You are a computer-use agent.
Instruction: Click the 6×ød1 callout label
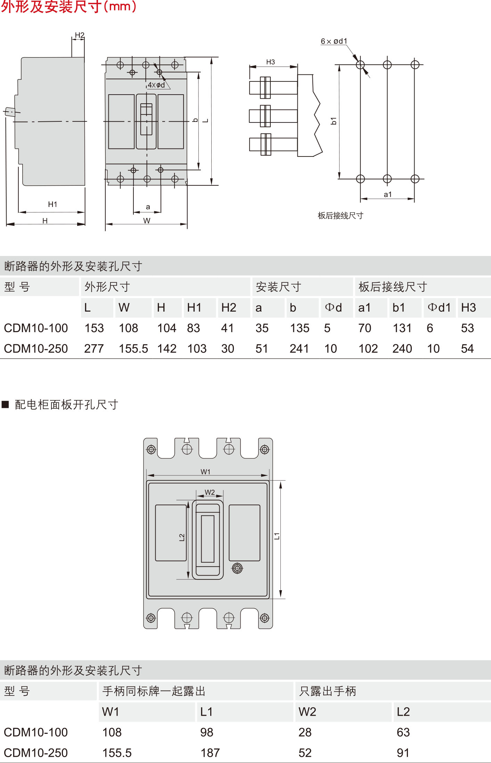click(x=334, y=41)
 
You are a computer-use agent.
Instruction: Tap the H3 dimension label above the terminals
click(x=270, y=62)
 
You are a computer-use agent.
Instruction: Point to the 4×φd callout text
click(x=156, y=85)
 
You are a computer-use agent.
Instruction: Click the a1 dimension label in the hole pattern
click(x=387, y=195)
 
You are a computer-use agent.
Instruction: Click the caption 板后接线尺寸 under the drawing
click(x=340, y=216)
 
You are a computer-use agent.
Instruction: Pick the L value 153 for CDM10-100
click(x=94, y=328)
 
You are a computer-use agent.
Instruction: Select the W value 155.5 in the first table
click(x=133, y=349)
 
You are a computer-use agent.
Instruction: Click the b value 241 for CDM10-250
click(x=299, y=349)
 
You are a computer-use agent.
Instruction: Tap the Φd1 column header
click(x=439, y=308)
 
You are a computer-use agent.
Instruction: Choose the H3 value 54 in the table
click(x=467, y=349)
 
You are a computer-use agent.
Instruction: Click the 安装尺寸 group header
click(x=278, y=287)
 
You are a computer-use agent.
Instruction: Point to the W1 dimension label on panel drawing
click(x=205, y=472)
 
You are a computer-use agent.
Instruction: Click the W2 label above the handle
click(x=210, y=492)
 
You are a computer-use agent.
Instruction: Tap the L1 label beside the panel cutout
click(x=277, y=536)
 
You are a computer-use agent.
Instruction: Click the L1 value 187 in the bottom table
click(x=210, y=753)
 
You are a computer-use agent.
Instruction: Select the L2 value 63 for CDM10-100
click(x=403, y=732)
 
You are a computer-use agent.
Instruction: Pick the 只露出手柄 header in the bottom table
click(x=327, y=691)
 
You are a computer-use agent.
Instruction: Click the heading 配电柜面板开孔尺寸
click(x=66, y=405)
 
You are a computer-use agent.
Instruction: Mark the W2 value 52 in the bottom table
click(x=305, y=753)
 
